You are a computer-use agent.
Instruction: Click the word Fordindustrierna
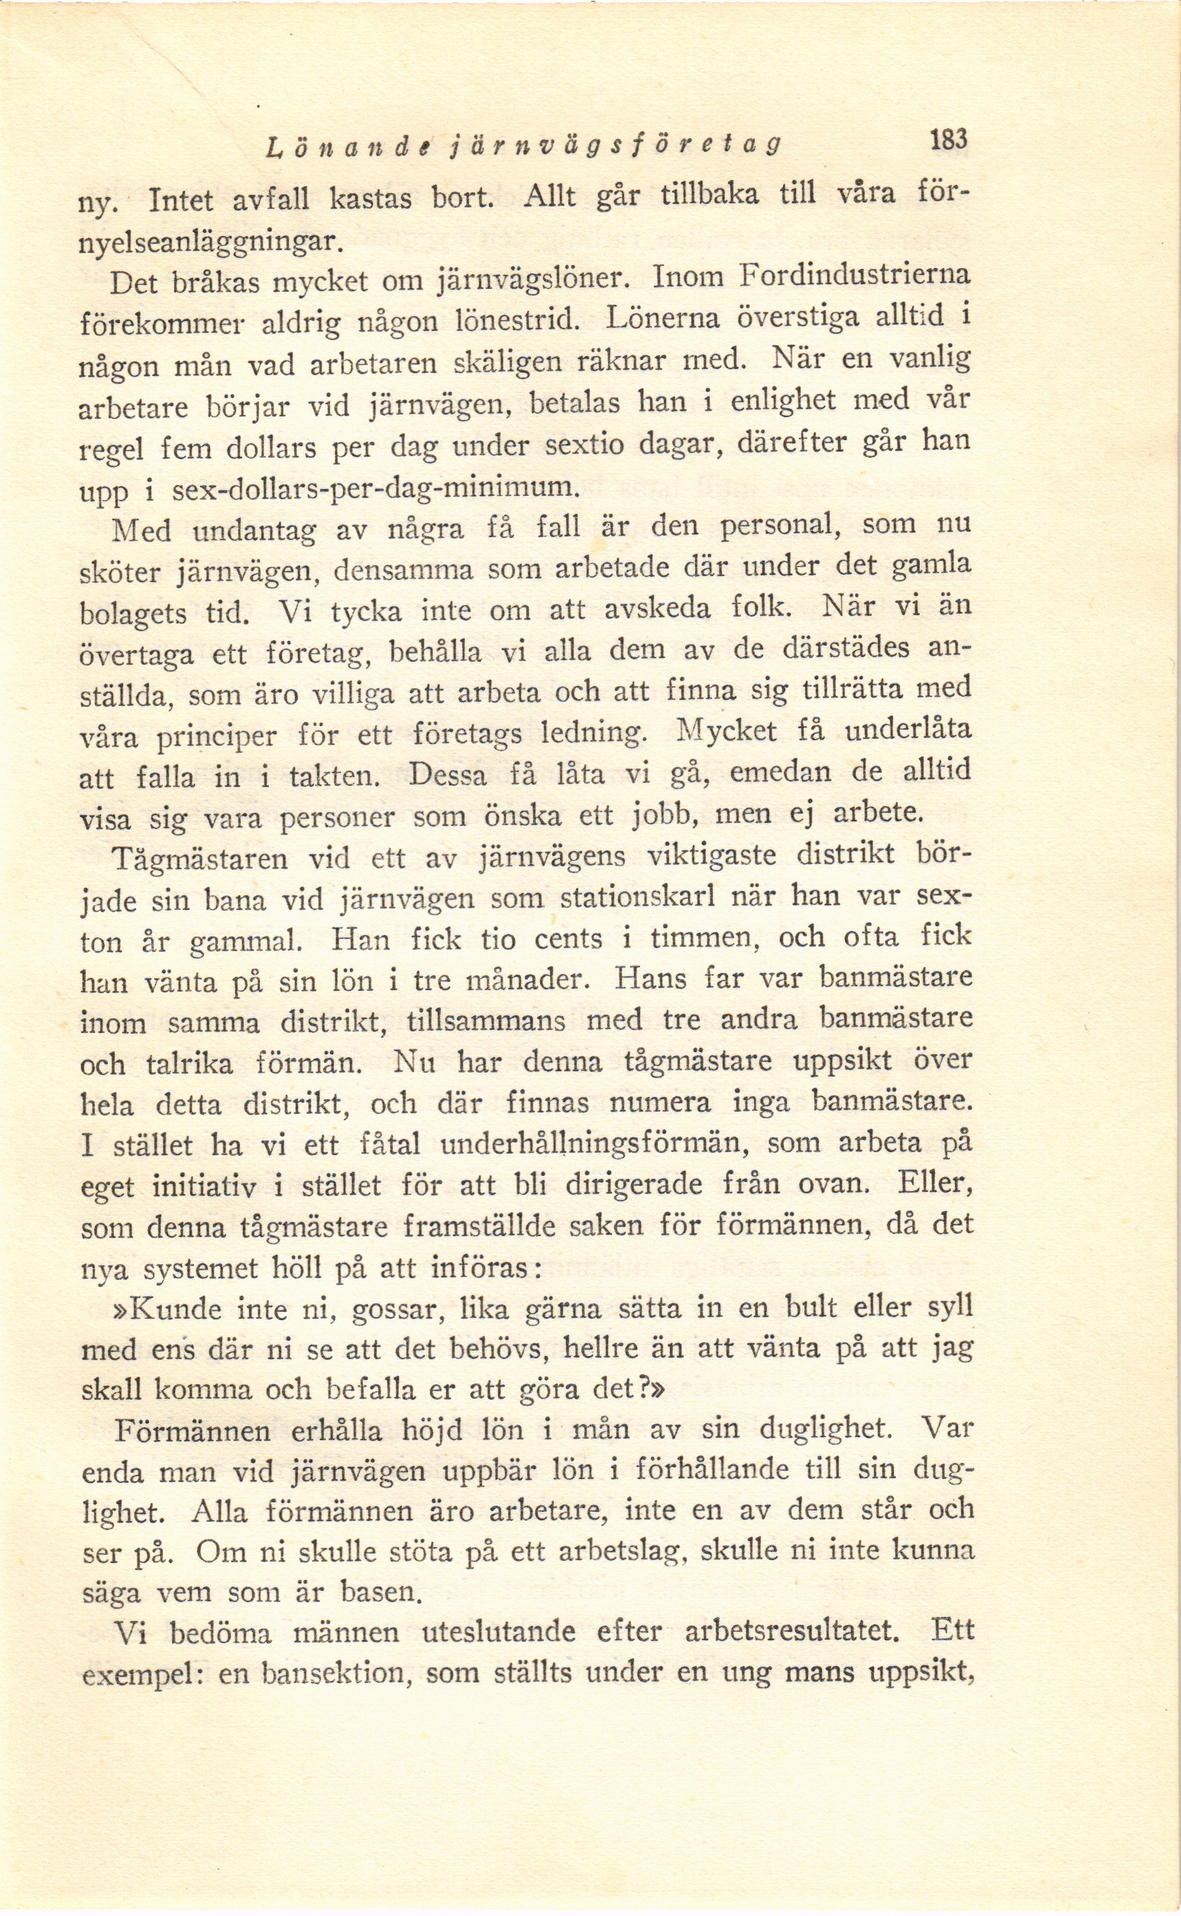click(854, 276)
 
